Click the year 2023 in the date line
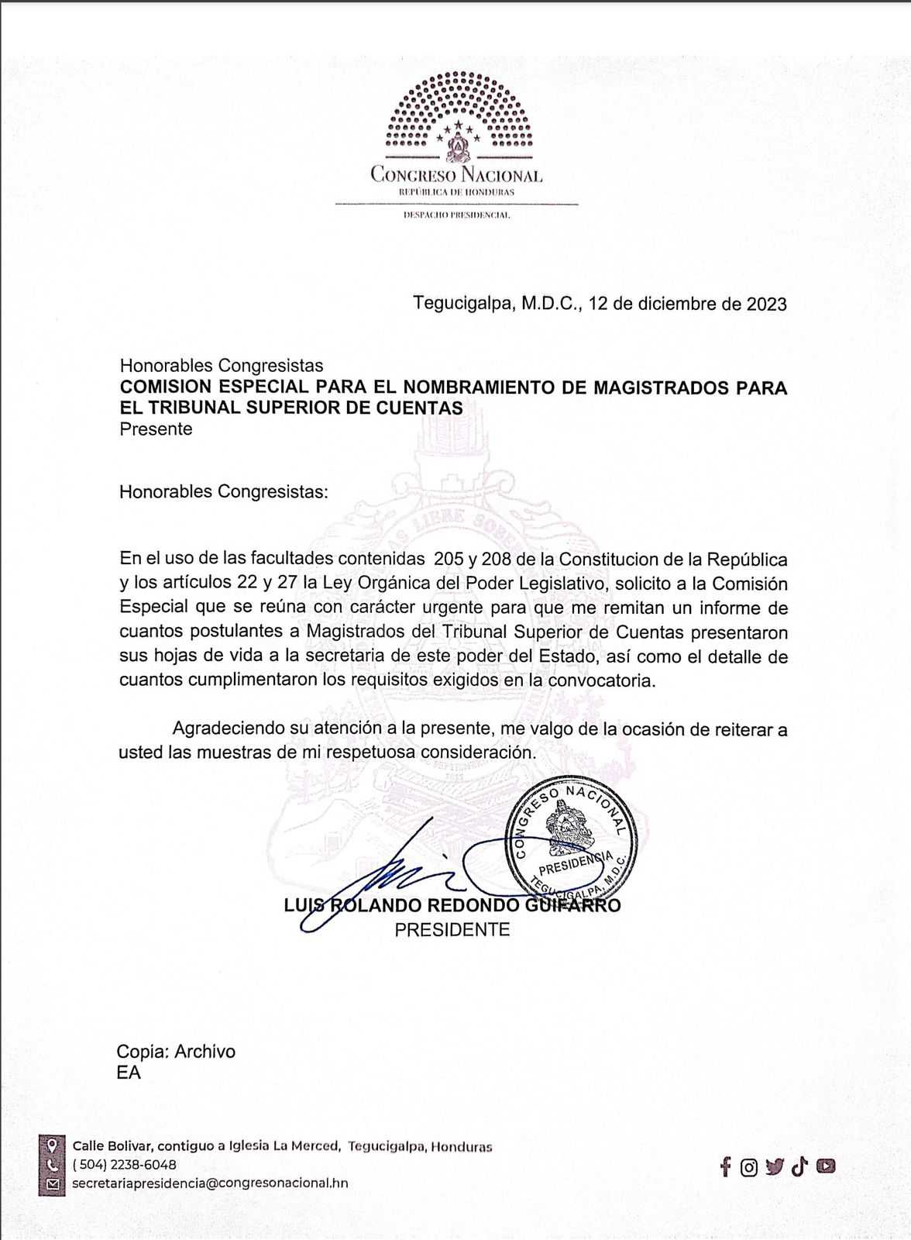click(x=766, y=304)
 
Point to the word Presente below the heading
click(x=156, y=429)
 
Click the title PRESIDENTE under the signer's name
click(x=452, y=929)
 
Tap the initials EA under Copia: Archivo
click(x=129, y=1073)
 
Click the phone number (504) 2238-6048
click(x=124, y=1165)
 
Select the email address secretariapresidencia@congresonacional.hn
click(x=210, y=1183)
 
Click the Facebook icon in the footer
click(x=725, y=1166)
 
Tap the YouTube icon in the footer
click(x=826, y=1166)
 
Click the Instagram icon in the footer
click(x=748, y=1167)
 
